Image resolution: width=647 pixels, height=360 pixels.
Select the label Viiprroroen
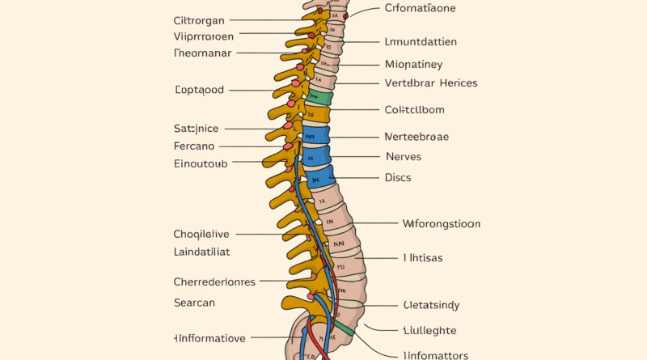tap(204, 36)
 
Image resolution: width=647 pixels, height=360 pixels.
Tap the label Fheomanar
tap(202, 53)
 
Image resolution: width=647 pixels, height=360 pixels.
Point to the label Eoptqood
tap(199, 90)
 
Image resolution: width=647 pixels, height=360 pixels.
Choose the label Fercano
tap(194, 146)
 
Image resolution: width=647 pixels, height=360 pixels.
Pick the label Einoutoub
tap(201, 163)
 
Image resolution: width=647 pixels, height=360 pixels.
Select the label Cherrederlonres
tap(214, 282)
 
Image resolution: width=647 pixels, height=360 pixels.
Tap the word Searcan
tap(194, 302)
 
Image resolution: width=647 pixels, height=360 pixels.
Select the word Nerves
tap(403, 156)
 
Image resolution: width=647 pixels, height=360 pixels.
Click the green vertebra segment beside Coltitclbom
tap(320, 99)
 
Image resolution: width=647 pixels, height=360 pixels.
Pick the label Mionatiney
tap(413, 64)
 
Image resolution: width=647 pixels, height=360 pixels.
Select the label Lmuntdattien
tap(421, 42)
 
